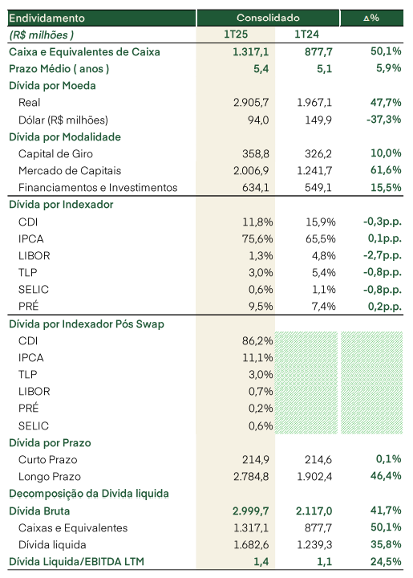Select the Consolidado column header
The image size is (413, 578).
coord(268,18)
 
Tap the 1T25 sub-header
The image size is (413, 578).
coord(236,35)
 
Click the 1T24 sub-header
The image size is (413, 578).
coord(306,35)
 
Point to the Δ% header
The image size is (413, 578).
coord(371,18)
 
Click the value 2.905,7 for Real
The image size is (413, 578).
coord(251,103)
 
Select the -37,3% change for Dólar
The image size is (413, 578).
coord(383,120)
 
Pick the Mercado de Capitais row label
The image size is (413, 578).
coord(70,171)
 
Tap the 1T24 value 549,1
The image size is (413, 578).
coord(318,188)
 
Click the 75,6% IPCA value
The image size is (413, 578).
coord(257,239)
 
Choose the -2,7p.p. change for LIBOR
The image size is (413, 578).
coord(382,255)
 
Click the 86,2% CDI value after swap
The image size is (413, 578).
coord(257,340)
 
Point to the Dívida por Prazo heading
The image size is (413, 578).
coord(50,442)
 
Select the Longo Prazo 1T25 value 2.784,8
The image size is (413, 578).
coord(251,477)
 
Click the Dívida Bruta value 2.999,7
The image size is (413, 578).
coord(251,511)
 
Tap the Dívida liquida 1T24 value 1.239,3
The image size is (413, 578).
coord(314,545)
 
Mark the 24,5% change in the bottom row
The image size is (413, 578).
coord(386,561)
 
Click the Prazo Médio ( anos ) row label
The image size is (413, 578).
coord(59,69)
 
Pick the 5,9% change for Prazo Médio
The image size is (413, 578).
coord(388,68)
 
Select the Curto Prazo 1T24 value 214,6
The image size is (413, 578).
coord(318,460)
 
